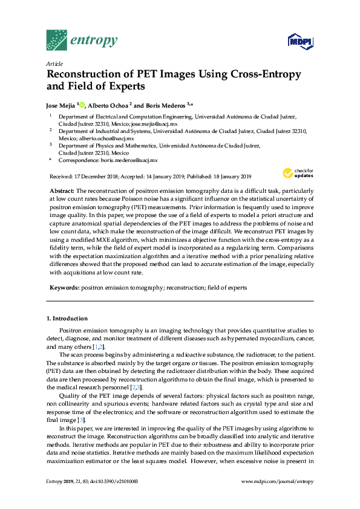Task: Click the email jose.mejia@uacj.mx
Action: point(155,123)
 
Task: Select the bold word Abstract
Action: point(62,190)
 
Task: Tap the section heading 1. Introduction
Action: point(67,318)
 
